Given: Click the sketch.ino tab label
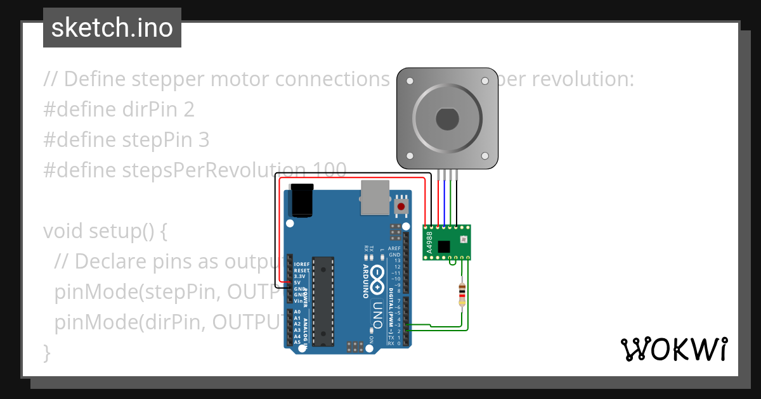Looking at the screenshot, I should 112,28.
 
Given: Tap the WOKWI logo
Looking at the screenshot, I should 673,349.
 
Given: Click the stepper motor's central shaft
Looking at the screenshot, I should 447,118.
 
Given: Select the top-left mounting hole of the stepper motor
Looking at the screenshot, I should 409,81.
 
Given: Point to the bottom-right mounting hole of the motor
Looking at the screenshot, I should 485,155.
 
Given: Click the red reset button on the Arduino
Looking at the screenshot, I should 401,206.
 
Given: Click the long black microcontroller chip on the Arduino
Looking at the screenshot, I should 323,301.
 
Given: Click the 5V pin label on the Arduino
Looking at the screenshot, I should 297,282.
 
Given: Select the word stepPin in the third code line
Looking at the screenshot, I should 155,139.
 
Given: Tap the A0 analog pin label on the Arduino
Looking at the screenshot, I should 297,312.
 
